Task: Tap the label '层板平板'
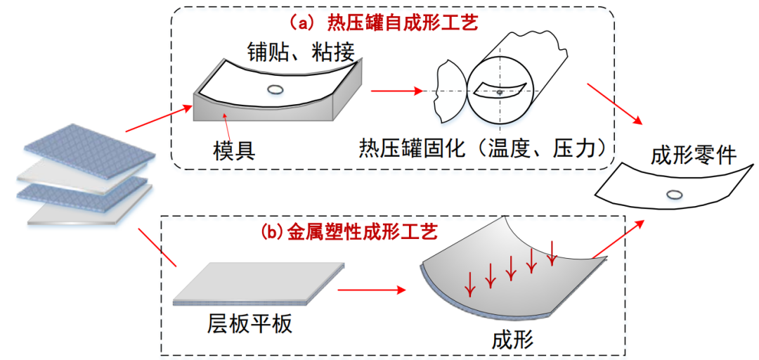tap(249, 323)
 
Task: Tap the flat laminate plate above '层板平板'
tap(259, 284)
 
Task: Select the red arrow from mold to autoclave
tap(396, 91)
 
